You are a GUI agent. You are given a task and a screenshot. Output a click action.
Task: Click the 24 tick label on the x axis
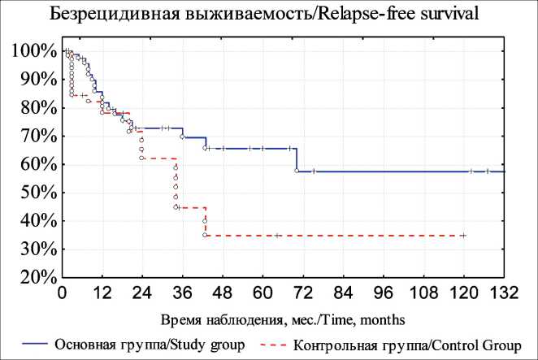point(142,293)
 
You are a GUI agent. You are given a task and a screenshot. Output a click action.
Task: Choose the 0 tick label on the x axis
point(63,293)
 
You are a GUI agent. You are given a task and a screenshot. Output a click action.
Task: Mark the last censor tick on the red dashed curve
point(463,235)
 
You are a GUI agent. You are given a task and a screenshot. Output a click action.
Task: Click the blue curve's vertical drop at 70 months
point(297,159)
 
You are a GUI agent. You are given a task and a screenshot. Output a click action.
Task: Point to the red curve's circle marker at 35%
point(205,235)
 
